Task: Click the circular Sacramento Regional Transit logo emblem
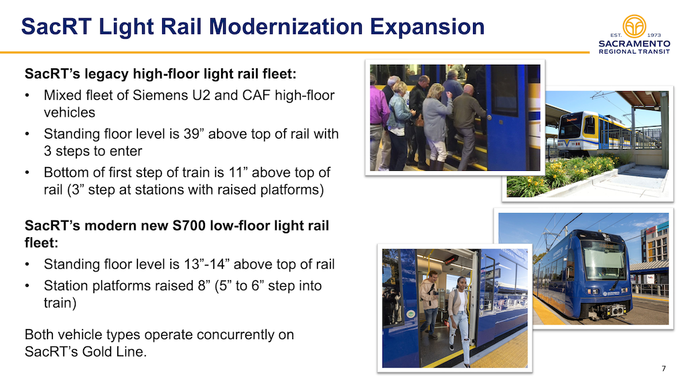click(x=634, y=26)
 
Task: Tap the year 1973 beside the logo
click(x=654, y=35)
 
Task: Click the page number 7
click(x=664, y=369)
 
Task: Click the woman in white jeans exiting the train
click(x=458, y=320)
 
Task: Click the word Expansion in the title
click(x=427, y=26)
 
